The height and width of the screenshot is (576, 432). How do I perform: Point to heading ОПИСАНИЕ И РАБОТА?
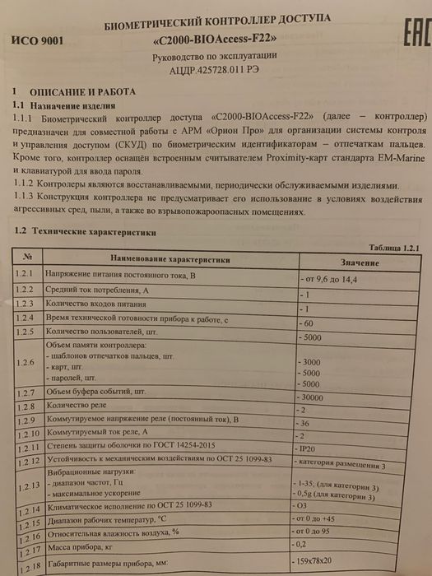coord(82,92)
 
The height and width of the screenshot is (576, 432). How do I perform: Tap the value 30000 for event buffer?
coord(317,397)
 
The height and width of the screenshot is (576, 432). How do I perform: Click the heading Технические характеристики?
coord(86,234)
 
